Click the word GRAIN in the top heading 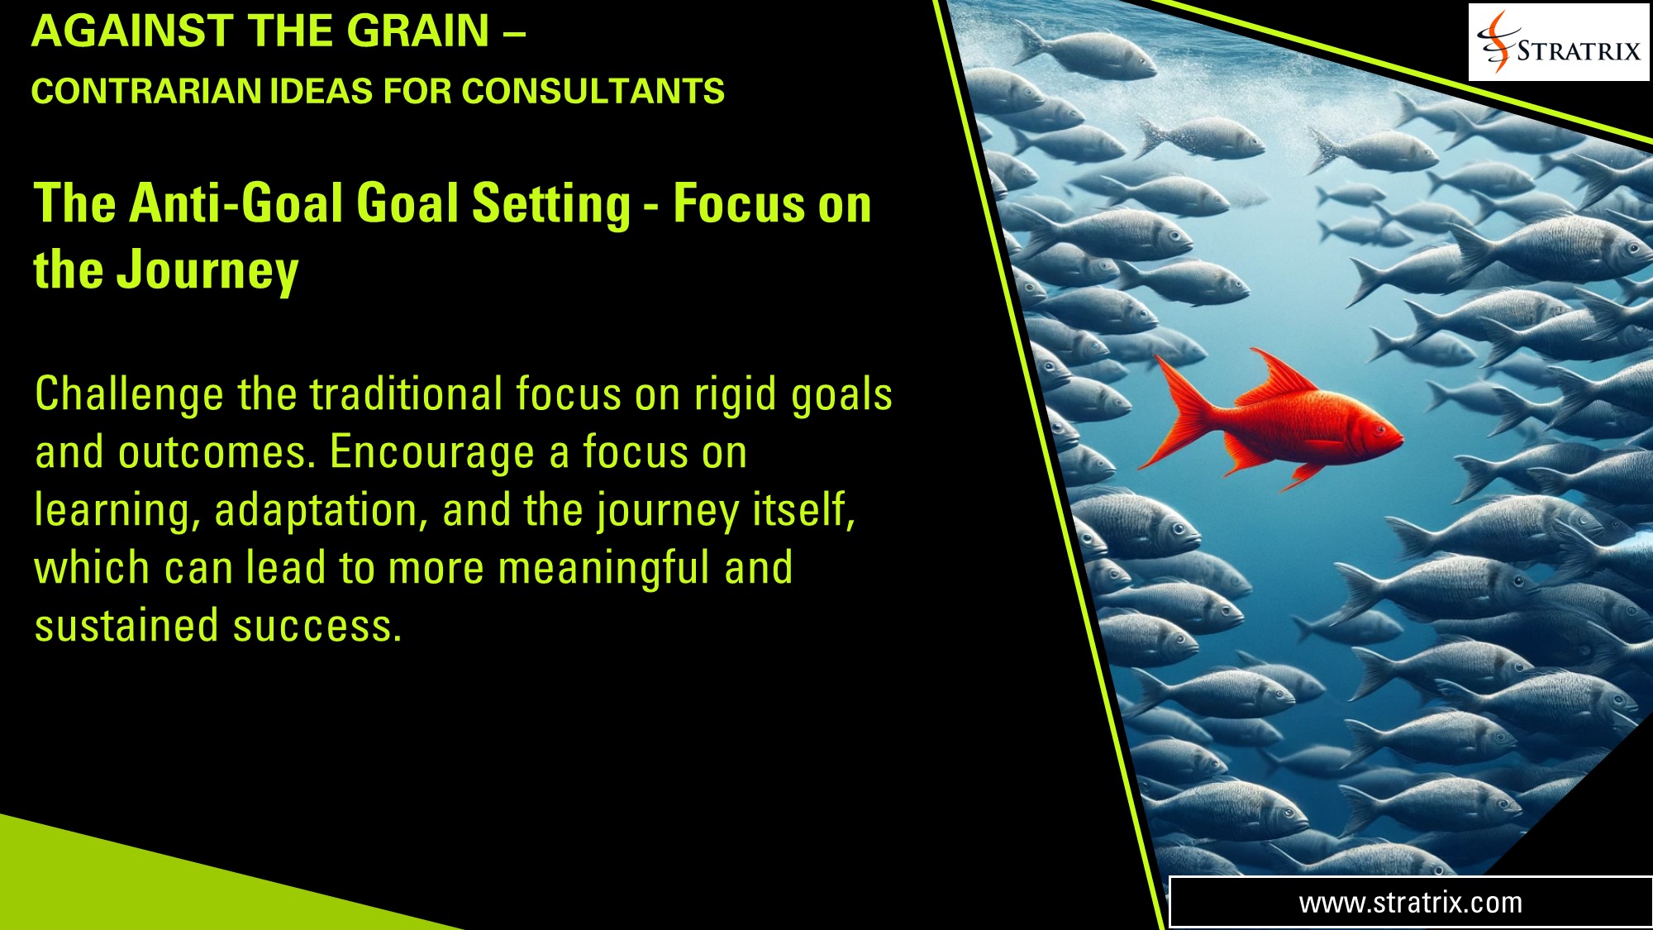pyautogui.click(x=417, y=31)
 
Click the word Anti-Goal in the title pyautogui.click(x=236, y=203)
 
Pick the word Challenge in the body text pyautogui.click(x=129, y=394)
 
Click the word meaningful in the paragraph pyautogui.click(x=604, y=568)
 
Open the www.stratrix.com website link pyautogui.click(x=1410, y=903)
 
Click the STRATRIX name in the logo pyautogui.click(x=1579, y=50)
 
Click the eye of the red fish pyautogui.click(x=1378, y=429)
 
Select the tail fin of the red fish pyautogui.click(x=1178, y=413)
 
